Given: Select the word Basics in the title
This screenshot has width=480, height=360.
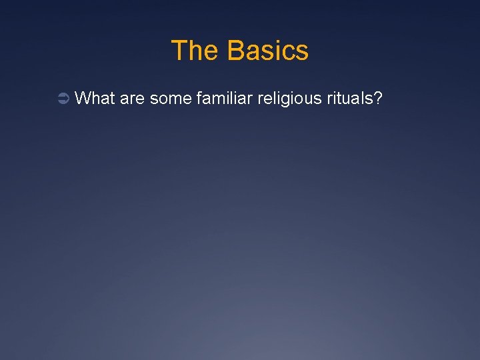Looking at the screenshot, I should click(268, 51).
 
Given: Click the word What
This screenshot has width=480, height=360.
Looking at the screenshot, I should click(95, 99).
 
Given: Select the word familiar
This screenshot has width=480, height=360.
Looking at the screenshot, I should click(221, 99).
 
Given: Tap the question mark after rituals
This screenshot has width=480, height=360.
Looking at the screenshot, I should click(378, 99).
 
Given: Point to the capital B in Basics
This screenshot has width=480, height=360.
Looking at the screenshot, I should click(235, 51).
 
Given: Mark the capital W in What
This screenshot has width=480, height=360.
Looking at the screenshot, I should click(83, 99).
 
